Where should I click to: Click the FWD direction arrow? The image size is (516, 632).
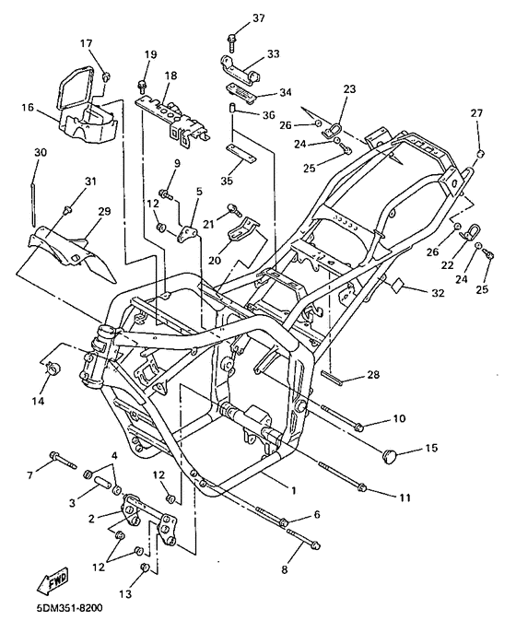click(x=53, y=580)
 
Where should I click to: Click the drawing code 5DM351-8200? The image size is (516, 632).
click(x=65, y=607)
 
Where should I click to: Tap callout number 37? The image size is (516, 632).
click(x=259, y=18)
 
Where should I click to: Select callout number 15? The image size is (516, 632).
click(x=431, y=448)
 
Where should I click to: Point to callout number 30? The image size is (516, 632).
click(x=41, y=152)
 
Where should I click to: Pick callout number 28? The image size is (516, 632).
click(x=373, y=375)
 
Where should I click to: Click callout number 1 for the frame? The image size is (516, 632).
click(x=294, y=490)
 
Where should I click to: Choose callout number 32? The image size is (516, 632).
click(x=438, y=293)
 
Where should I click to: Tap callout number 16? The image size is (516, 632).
click(x=29, y=108)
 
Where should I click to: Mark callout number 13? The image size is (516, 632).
click(x=125, y=593)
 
